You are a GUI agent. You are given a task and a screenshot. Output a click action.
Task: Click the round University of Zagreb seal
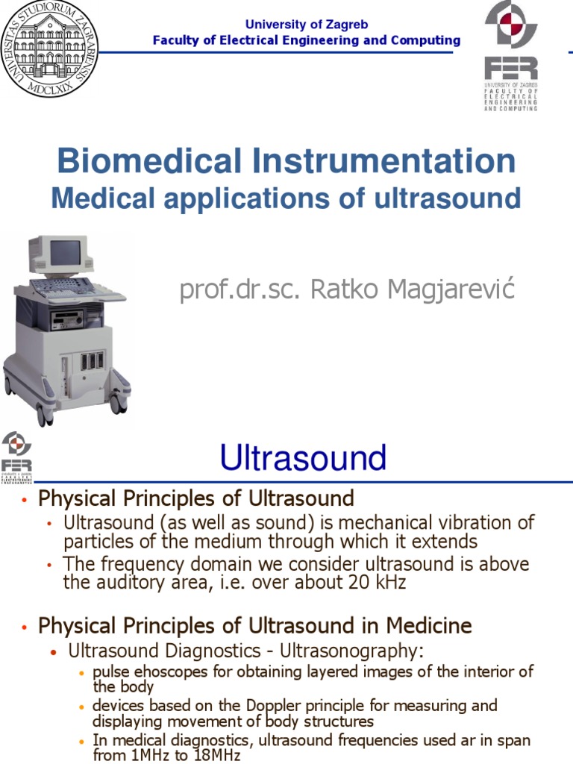(49, 49)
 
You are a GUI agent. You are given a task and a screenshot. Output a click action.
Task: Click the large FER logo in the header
(511, 55)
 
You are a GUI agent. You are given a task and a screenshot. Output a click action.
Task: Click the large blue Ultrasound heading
(303, 457)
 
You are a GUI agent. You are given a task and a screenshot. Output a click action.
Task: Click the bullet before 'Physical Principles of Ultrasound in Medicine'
(25, 627)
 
